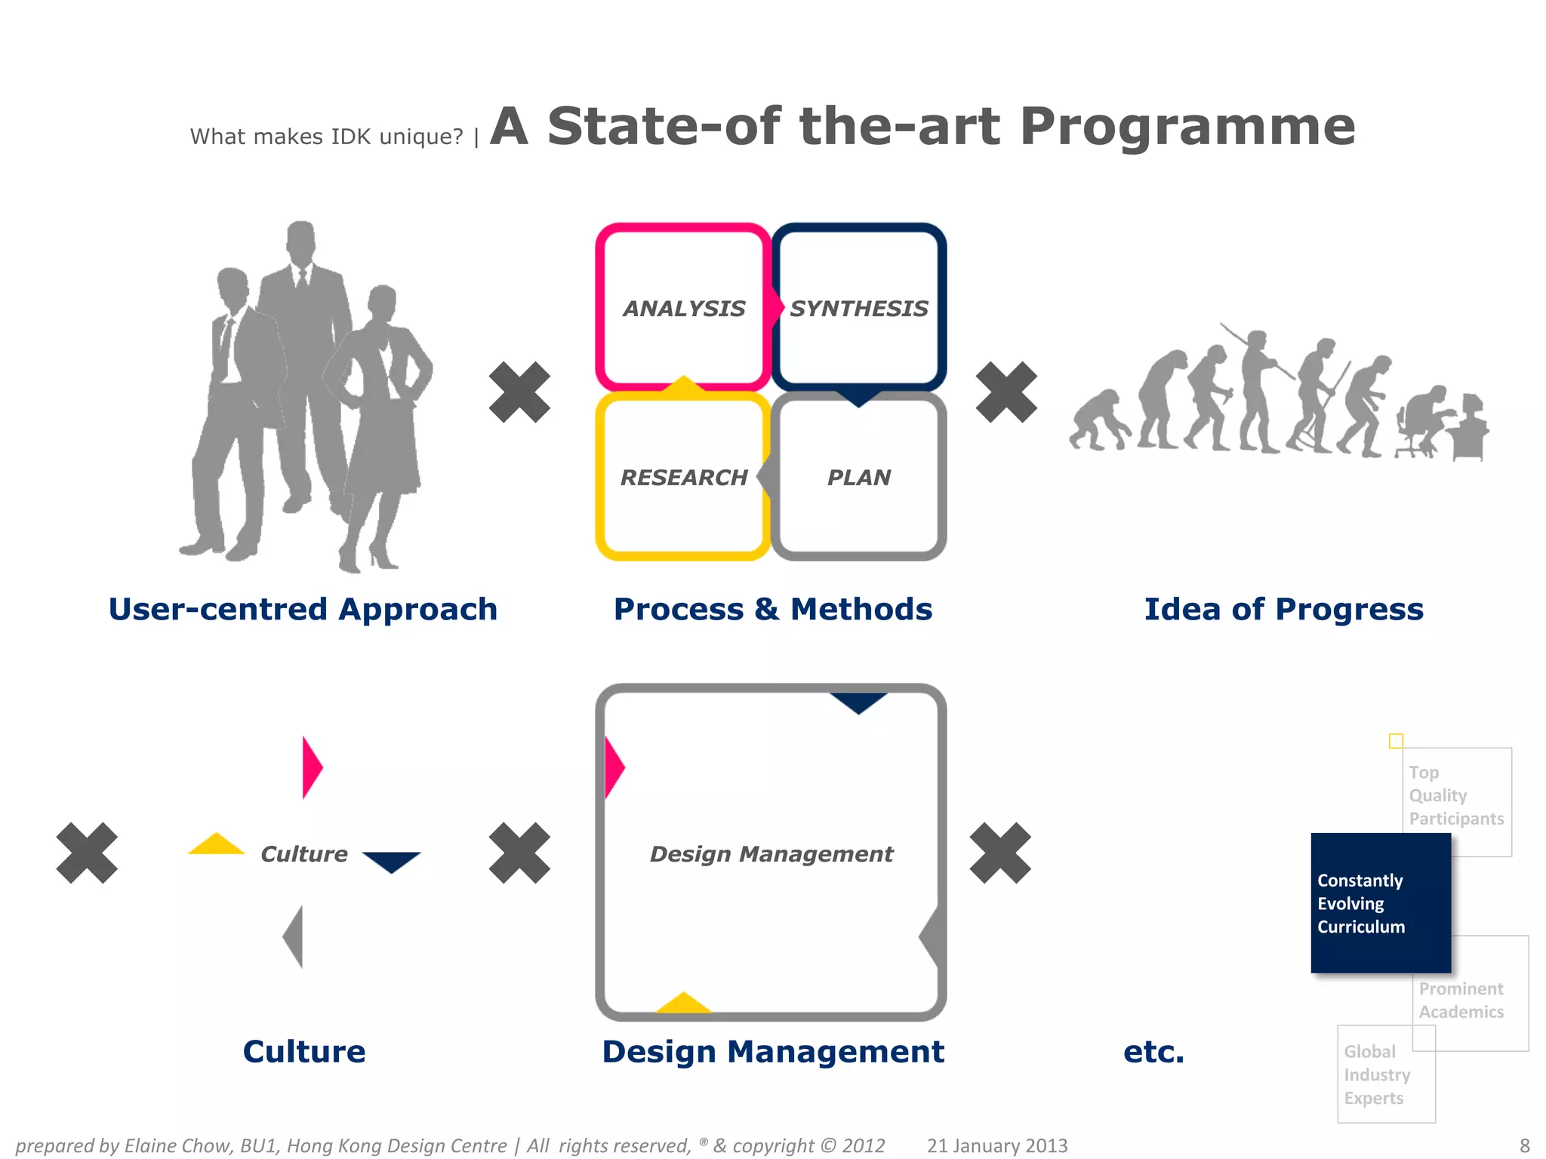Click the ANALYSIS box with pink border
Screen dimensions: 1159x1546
pyautogui.click(x=683, y=308)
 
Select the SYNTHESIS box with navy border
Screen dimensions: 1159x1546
pyautogui.click(x=859, y=308)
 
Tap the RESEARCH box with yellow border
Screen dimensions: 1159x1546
pyautogui.click(x=683, y=477)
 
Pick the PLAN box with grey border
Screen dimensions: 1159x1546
pyautogui.click(x=859, y=477)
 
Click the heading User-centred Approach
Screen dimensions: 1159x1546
pyautogui.click(x=303, y=609)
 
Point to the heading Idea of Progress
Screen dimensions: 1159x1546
pyautogui.click(x=1283, y=609)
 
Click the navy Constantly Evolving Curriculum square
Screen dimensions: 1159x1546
pyautogui.click(x=1380, y=902)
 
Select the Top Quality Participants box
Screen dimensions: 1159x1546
pyautogui.click(x=1457, y=795)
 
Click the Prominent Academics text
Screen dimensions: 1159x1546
pyautogui.click(x=1461, y=1000)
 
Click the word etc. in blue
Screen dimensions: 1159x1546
pyautogui.click(x=1153, y=1051)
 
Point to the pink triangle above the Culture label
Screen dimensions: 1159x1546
pyautogui.click(x=311, y=767)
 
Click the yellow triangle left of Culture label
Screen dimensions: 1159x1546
pyautogui.click(x=217, y=845)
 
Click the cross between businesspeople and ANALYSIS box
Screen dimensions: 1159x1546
pyautogui.click(x=519, y=392)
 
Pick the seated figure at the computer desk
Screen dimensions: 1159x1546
pyautogui.click(x=1422, y=423)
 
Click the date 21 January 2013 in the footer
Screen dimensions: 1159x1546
pyautogui.click(x=997, y=1145)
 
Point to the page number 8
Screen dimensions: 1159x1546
pyautogui.click(x=1524, y=1145)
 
